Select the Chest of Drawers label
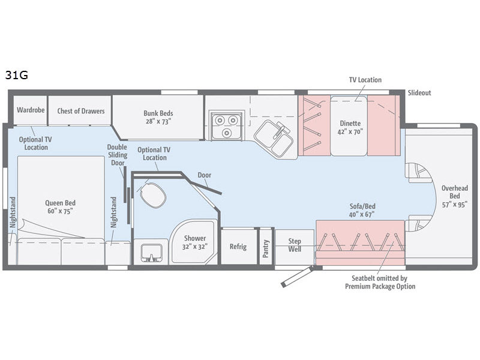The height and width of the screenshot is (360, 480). (81, 110)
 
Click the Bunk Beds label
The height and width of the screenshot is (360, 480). (158, 116)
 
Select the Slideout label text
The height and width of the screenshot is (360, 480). (419, 93)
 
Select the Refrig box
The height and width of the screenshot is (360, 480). (238, 247)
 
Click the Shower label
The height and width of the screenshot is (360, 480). (194, 242)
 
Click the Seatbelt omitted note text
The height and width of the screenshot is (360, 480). (380, 282)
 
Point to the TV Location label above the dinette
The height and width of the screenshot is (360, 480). (365, 80)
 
